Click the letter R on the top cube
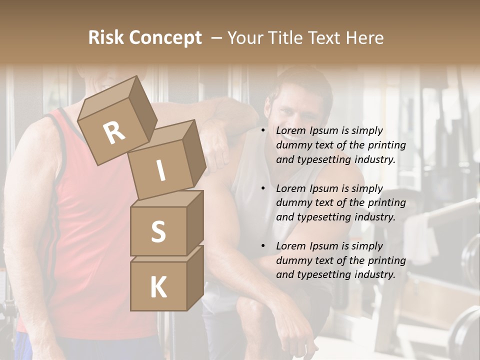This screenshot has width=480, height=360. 114,132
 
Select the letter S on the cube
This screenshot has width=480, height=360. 158,231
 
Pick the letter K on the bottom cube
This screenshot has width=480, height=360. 158,287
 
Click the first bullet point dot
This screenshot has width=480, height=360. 263,131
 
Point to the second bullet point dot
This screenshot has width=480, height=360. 263,189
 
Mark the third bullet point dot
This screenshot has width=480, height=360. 263,246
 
